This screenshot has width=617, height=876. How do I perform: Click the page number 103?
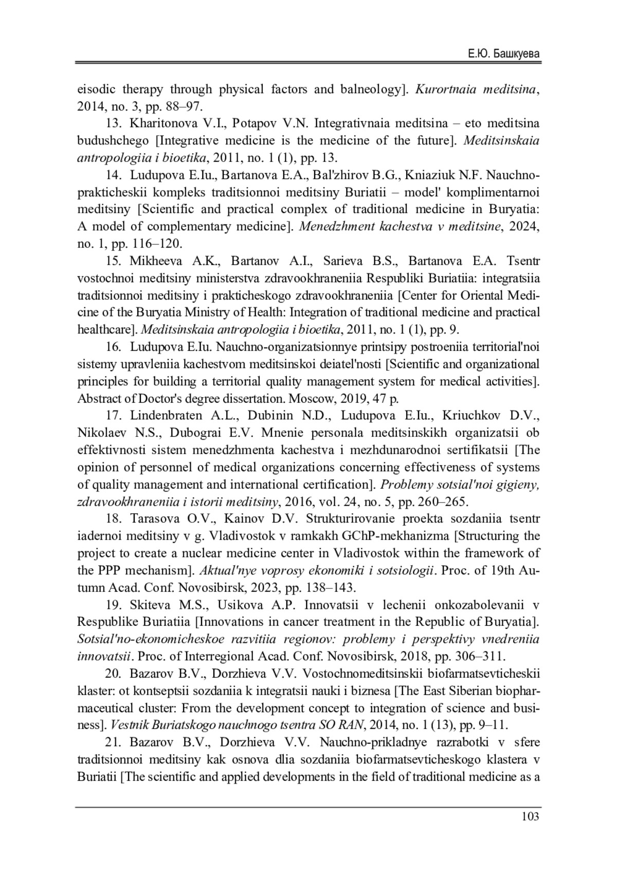pyautogui.click(x=530, y=816)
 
